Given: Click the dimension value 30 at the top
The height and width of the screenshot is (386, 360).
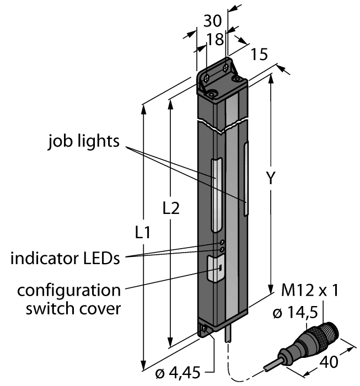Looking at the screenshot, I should tap(213, 21).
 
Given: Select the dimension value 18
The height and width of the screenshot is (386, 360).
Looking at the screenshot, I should tap(217, 38).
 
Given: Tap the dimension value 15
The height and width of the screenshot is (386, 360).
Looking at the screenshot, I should tap(259, 54).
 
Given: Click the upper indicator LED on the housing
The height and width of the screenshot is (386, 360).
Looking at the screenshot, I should tap(222, 243).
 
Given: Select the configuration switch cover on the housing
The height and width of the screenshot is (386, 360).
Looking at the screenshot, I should tap(215, 269).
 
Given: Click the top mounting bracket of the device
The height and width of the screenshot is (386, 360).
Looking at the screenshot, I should tap(221, 77).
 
